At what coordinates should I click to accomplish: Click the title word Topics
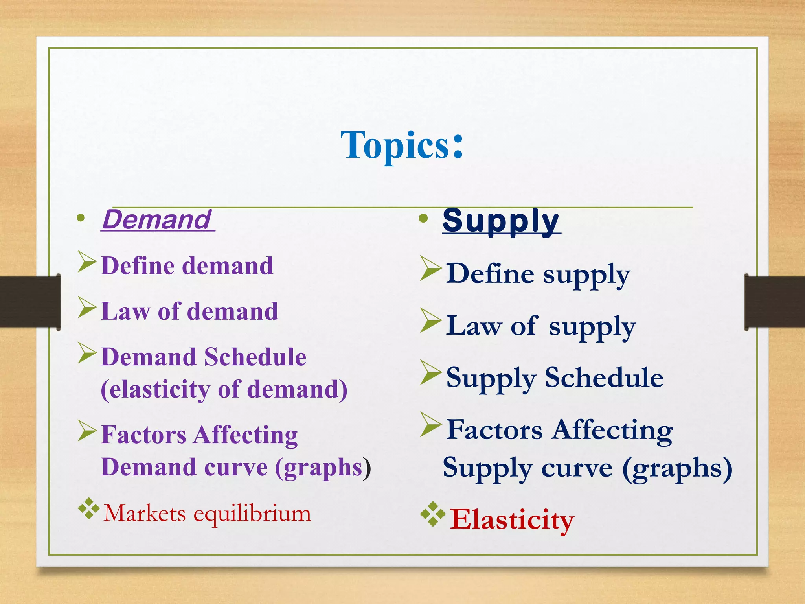(395, 145)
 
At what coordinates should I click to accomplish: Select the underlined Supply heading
(501, 221)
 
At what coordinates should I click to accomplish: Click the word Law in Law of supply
(474, 326)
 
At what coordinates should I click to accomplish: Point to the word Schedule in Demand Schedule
(255, 357)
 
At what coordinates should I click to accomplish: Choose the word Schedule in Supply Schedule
(604, 378)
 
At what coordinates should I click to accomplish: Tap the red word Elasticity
(512, 520)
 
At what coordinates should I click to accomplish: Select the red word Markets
(144, 514)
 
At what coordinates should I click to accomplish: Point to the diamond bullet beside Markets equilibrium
(88, 509)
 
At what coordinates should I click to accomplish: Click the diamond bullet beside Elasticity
(432, 514)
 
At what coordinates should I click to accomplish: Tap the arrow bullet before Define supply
(430, 268)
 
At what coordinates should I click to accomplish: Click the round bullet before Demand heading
(81, 218)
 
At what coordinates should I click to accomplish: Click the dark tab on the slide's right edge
(774, 302)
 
